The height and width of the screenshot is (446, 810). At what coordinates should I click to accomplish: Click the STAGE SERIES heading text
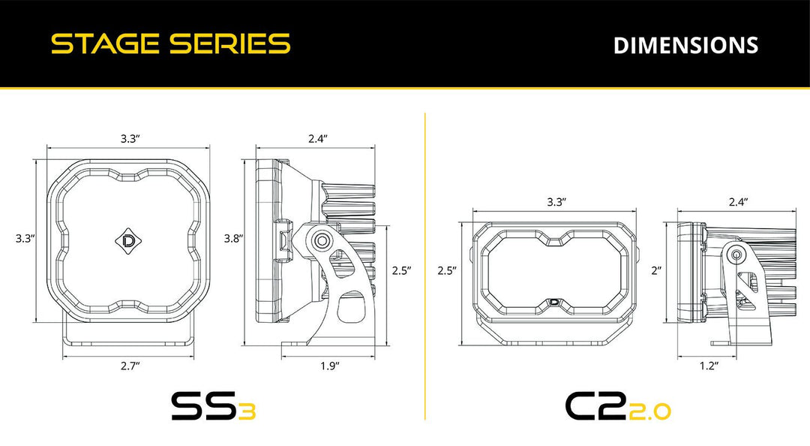click(170, 44)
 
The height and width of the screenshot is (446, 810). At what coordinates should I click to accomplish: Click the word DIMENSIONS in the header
click(685, 45)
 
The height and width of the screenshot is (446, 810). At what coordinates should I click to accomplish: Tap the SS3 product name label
click(213, 407)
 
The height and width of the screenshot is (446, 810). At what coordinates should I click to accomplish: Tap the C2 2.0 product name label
click(617, 407)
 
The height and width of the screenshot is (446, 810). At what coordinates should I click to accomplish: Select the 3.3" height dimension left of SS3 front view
click(25, 238)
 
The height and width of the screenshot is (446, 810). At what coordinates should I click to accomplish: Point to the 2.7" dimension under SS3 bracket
click(130, 366)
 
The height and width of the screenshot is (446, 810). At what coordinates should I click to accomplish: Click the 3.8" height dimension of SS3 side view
click(232, 238)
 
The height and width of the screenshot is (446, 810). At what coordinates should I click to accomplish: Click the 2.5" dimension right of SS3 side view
click(402, 270)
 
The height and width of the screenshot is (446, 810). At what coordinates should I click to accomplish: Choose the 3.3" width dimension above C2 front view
click(555, 201)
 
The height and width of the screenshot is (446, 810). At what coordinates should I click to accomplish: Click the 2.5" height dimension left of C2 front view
click(447, 270)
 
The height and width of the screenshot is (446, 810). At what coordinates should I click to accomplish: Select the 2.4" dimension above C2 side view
click(738, 201)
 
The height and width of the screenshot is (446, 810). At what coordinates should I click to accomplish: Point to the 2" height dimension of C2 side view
click(656, 270)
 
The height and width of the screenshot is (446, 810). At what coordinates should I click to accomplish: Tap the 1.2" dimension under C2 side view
click(708, 366)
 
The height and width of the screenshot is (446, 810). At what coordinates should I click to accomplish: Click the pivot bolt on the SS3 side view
click(322, 240)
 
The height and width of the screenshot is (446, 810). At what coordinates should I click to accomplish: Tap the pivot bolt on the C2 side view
click(736, 255)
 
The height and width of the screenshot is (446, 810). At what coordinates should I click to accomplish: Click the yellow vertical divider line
click(425, 263)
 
